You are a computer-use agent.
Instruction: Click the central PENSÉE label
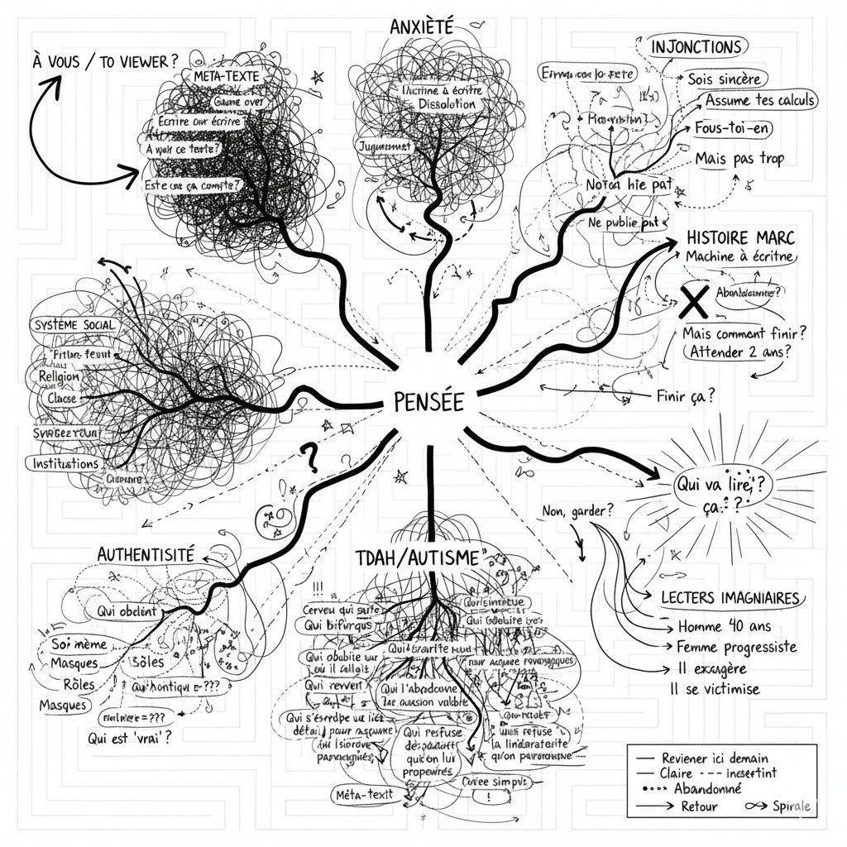pos(424,404)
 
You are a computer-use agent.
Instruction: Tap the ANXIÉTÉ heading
pos(421,26)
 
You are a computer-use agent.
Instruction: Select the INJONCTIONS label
pos(696,45)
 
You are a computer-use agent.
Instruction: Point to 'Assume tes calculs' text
pos(760,101)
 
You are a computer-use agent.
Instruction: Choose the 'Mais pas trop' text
pos(739,158)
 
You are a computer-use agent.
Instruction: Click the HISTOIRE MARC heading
pos(740,237)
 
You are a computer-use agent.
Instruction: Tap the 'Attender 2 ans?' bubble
pos(735,352)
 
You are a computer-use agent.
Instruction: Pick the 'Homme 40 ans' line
pos(719,626)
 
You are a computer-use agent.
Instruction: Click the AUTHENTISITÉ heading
pos(146,554)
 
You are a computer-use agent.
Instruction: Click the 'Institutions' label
pos(67,463)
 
